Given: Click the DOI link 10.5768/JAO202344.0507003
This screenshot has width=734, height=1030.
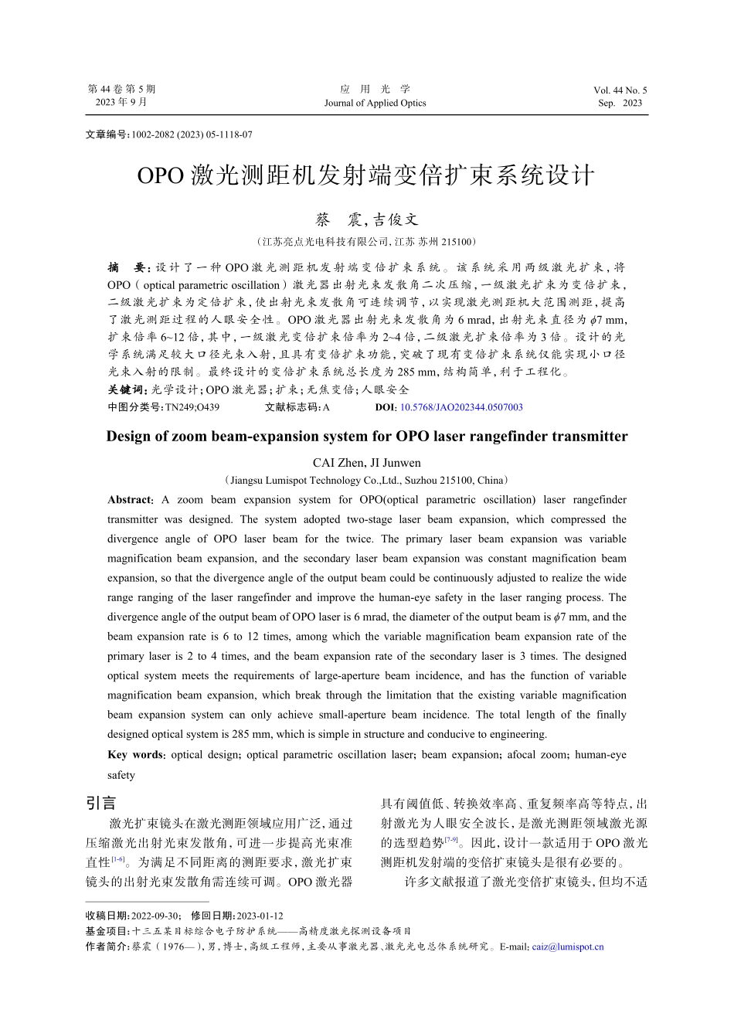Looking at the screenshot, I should (461, 407).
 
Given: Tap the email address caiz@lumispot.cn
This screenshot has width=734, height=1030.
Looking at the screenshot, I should (568, 947).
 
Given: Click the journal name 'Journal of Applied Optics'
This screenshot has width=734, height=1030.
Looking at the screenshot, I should (375, 103).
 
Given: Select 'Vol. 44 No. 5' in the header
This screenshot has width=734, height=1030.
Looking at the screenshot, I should (620, 90).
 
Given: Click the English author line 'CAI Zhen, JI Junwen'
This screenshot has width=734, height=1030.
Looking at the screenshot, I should (367, 463).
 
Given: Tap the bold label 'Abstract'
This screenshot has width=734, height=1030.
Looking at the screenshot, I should (130, 500).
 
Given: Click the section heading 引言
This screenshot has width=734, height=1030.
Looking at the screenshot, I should (101, 803).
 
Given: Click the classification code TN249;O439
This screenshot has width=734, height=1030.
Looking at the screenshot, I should (192, 407).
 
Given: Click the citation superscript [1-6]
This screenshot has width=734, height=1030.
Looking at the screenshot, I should (118, 859).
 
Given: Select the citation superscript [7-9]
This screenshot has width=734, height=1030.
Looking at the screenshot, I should (450, 840).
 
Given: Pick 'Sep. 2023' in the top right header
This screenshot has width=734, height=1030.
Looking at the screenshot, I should (620, 103).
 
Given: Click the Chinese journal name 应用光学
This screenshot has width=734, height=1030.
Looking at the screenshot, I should (375, 89).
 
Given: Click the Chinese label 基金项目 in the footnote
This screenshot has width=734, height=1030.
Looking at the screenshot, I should (107, 931).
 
